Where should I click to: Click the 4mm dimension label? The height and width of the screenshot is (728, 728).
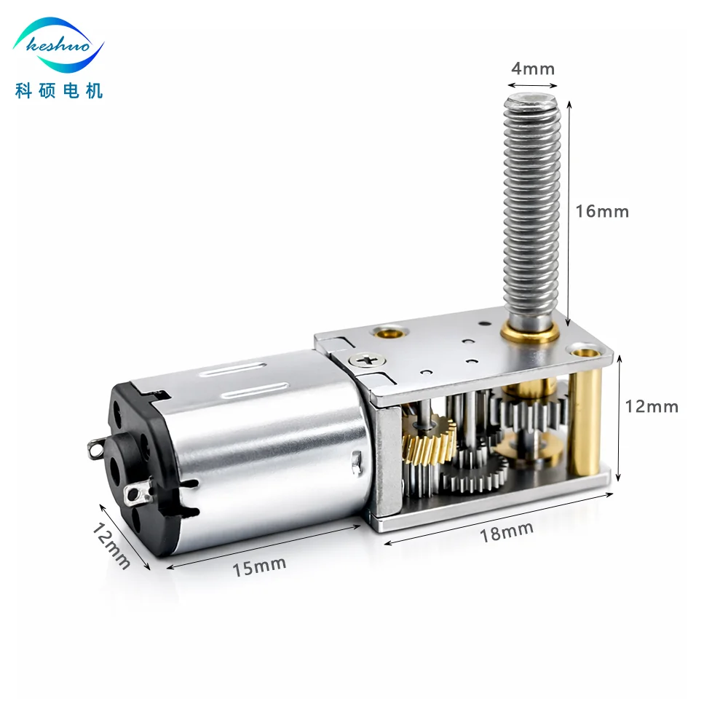(533, 69)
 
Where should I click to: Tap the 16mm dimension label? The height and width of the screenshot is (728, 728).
(601, 212)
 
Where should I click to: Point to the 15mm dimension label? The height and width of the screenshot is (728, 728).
(259, 565)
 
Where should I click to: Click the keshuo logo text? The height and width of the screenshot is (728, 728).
(58, 46)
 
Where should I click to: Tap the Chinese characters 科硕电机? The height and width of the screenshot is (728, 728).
(59, 90)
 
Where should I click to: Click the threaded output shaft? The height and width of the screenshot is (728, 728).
(531, 211)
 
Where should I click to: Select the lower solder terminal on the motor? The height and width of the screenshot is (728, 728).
(135, 497)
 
